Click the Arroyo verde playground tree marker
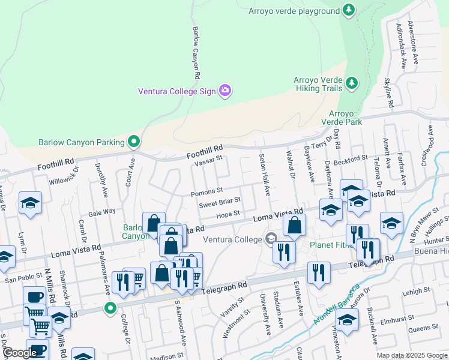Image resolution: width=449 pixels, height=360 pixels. coord(348,10)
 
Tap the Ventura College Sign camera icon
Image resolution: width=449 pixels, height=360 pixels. coord(225,91)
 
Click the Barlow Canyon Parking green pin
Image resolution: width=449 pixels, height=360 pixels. coord(134,142)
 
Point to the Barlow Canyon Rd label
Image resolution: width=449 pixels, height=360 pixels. coord(195,53)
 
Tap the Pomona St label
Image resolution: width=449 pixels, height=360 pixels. coord(206,193)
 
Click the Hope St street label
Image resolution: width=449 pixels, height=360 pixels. coord(228,214)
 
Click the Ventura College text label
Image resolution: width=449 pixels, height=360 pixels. coord(233,239)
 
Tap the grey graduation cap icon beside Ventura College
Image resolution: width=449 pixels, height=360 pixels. coord(271,239)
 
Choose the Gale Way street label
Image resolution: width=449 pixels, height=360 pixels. coord(101,212)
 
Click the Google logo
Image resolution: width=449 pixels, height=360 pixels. coord(20,353)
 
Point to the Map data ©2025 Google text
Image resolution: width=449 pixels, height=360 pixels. coord(412,355)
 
